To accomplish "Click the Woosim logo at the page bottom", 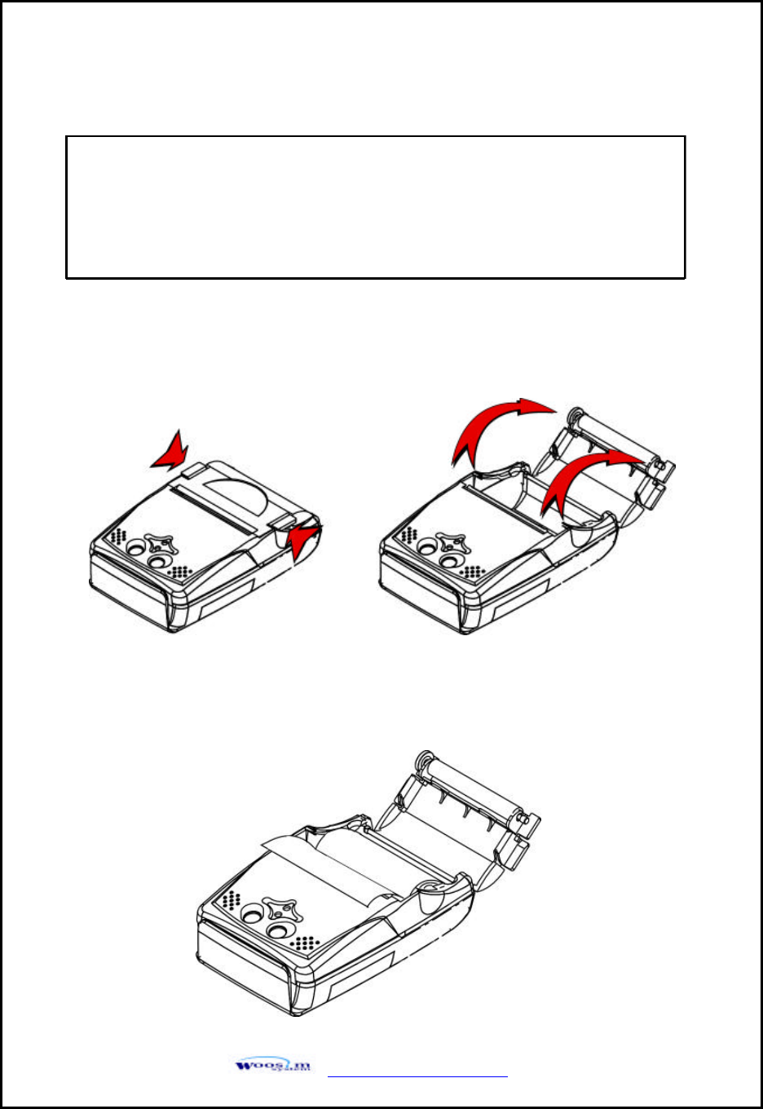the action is pos(273,1065).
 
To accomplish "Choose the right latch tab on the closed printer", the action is pos(285,522).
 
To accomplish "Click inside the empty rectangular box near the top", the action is pos(375,207).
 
